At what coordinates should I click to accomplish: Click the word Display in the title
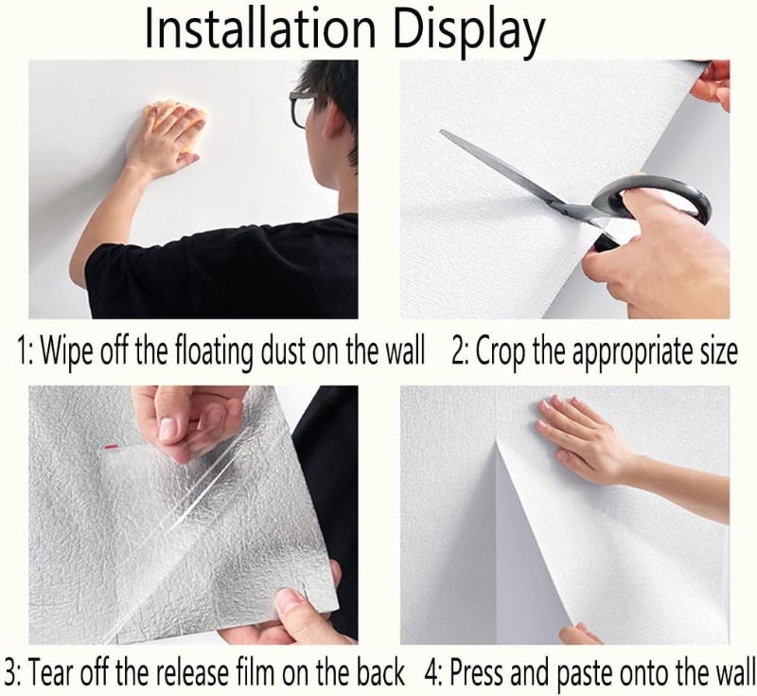(x=468, y=30)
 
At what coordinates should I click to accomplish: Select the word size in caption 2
(x=714, y=351)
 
